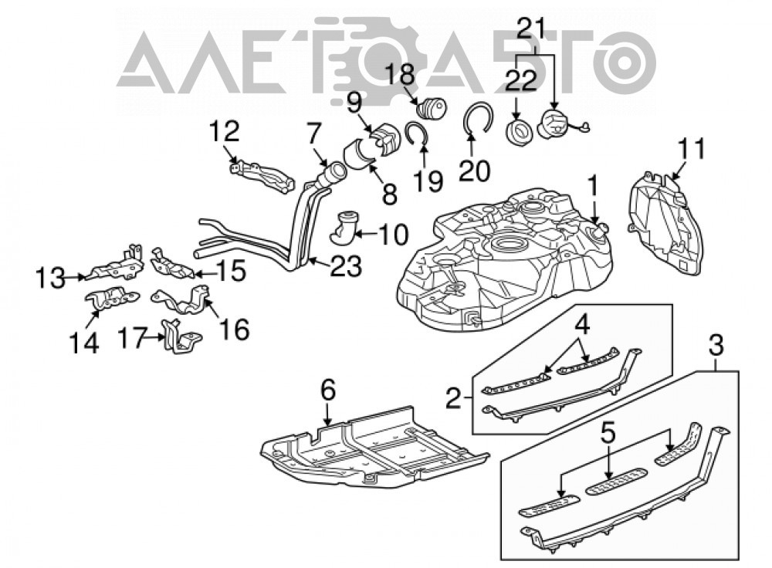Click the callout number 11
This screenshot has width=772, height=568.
click(692, 149)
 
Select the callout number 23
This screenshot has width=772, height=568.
click(346, 266)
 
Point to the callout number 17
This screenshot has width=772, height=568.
click(133, 339)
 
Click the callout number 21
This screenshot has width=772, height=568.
click(531, 29)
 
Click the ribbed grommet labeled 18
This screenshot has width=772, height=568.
click(432, 108)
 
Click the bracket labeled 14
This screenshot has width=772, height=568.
click(112, 298)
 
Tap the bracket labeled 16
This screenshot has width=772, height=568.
click(181, 300)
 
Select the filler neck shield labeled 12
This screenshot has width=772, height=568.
click(262, 174)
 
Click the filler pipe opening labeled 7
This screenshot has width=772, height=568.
click(333, 174)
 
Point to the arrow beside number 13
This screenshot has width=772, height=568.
click(74, 278)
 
